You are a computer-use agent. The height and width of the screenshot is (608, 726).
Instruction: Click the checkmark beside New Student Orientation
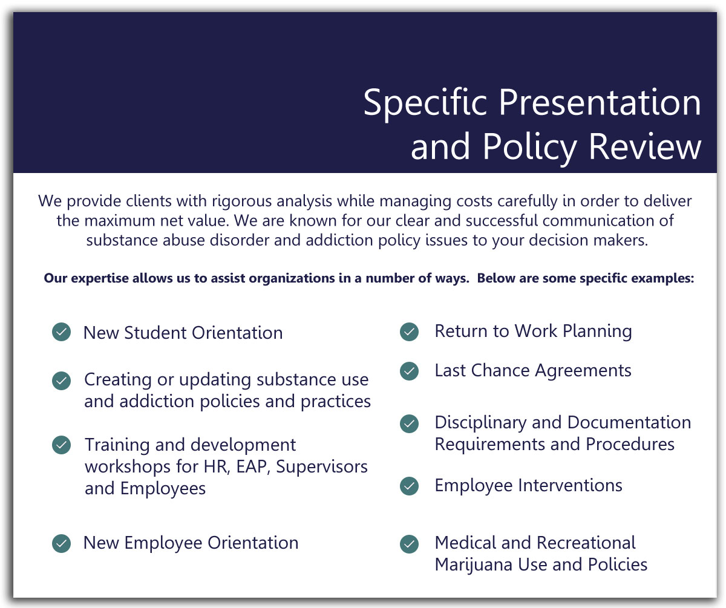point(61,332)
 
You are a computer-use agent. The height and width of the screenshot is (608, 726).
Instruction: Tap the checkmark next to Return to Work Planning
point(409,332)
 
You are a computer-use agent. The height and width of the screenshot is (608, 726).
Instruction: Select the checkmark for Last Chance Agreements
point(409,371)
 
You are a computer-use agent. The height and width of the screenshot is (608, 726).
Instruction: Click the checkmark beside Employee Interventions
point(409,486)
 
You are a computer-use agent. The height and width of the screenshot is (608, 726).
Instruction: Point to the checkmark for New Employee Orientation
point(61,543)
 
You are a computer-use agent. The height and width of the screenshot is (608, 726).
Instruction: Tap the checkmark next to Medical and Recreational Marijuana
point(409,544)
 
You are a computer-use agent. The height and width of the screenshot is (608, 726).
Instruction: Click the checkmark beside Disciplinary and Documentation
point(409,423)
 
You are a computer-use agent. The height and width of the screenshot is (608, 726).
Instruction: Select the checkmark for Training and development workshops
point(61,445)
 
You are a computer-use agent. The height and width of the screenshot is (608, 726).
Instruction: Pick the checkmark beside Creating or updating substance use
point(61,381)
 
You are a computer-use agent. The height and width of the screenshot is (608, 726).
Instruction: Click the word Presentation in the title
point(600,103)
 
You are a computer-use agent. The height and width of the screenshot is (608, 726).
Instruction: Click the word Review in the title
point(645,146)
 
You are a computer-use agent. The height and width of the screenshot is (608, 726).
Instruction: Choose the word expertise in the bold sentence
point(100,279)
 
